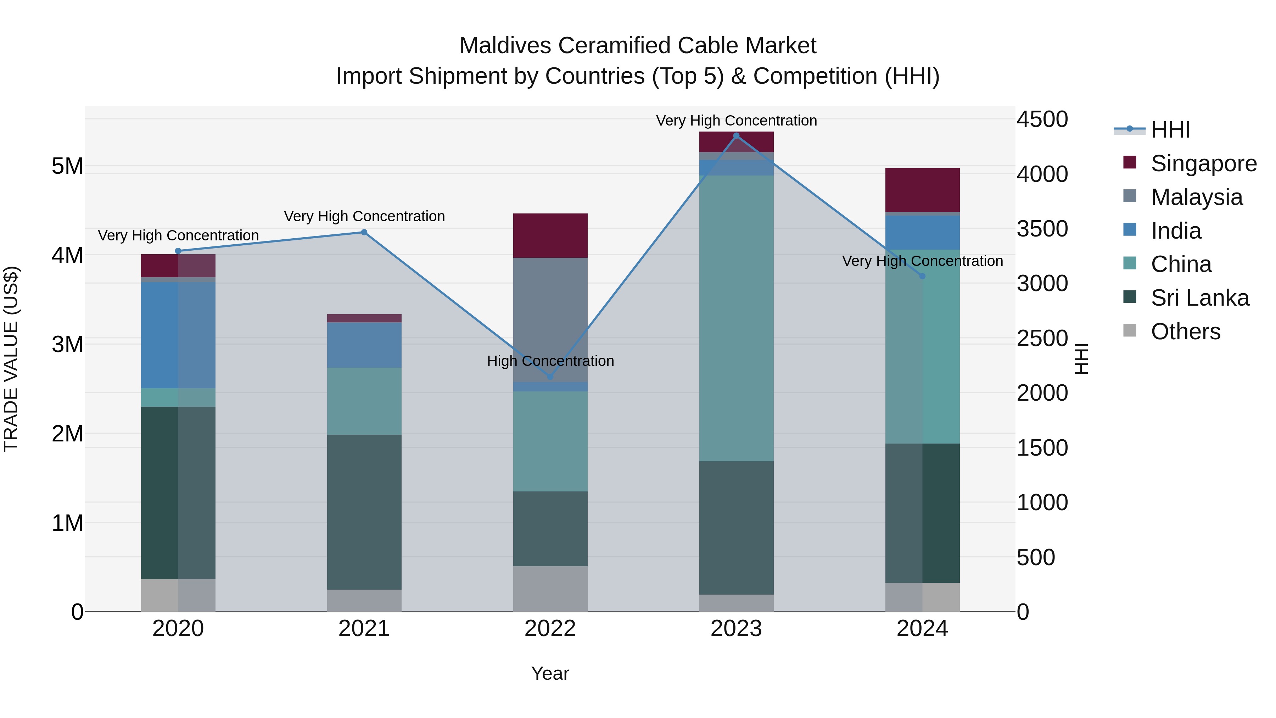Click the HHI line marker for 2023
pyautogui.click(x=736, y=136)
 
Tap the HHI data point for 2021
pyautogui.click(x=364, y=232)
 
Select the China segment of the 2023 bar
pyautogui.click(x=736, y=317)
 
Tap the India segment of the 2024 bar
pyautogui.click(x=922, y=232)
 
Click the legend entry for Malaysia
pyautogui.click(x=1196, y=197)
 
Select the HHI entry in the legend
pyautogui.click(x=1170, y=130)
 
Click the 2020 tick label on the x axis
pyautogui.click(x=178, y=629)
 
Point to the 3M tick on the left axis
pyautogui.click(x=68, y=344)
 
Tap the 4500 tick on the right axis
pyautogui.click(x=1042, y=119)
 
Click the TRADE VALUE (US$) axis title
pyautogui.click(x=11, y=359)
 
